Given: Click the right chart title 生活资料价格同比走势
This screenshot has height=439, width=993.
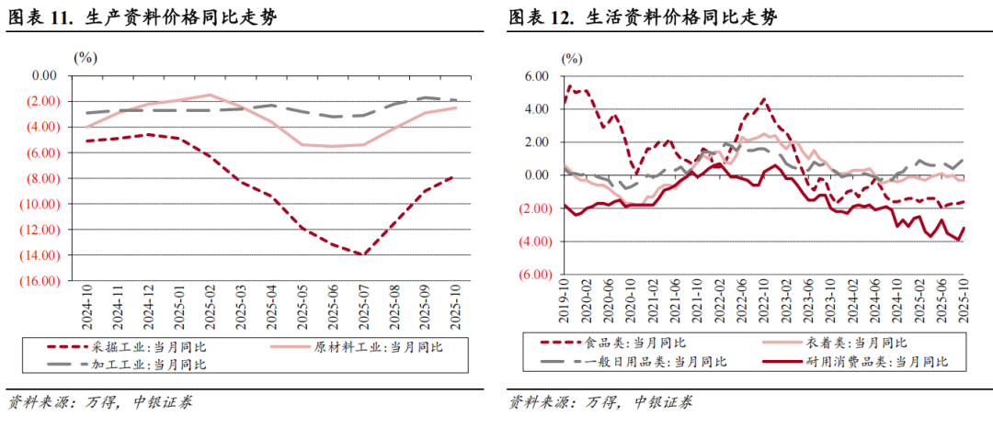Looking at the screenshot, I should click(681, 17).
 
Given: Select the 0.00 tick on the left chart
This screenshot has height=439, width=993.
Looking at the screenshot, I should click(45, 75).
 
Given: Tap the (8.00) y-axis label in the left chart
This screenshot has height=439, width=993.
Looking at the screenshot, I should click(42, 177).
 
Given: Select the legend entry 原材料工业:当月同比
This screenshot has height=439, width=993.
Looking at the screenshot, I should click(377, 347).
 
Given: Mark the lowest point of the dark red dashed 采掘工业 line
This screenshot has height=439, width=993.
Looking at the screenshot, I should click(366, 254).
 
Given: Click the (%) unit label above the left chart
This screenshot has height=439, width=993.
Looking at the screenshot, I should click(85, 57).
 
